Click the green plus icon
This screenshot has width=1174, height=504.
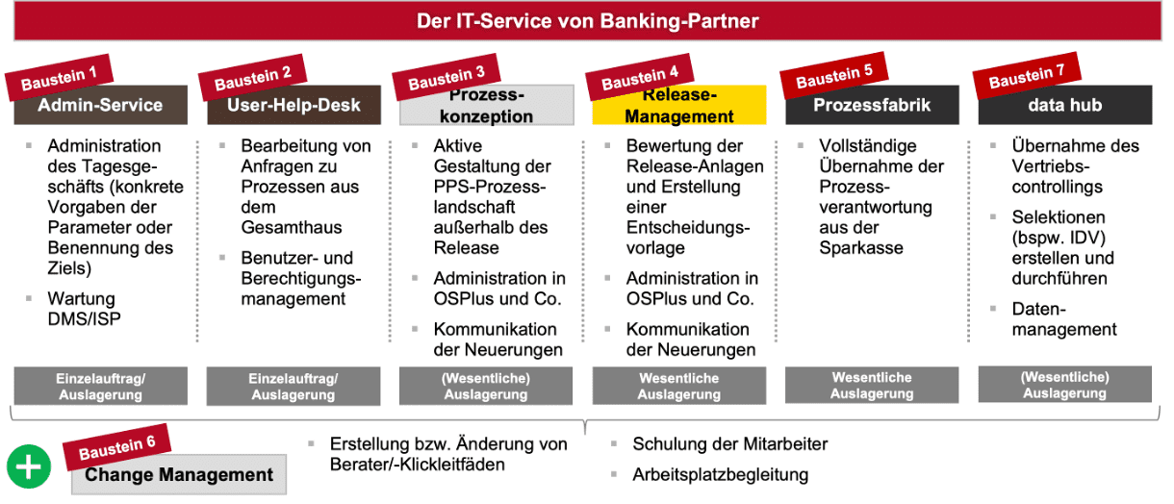29,466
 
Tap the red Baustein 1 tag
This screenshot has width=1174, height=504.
59,78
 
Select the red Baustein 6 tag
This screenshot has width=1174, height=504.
116,447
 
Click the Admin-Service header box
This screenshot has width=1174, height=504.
101,105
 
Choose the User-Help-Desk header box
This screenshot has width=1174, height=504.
294,105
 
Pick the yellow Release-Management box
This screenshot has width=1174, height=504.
679,105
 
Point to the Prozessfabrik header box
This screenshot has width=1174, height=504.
872,105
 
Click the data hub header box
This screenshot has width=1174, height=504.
1065,105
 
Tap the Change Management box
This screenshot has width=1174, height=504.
179,474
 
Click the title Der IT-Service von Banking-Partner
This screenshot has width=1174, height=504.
588,21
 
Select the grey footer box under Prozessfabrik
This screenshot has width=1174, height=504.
872,385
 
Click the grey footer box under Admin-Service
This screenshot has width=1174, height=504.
101,386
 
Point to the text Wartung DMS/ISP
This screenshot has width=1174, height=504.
84,309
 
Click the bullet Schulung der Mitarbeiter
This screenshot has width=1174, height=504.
729,444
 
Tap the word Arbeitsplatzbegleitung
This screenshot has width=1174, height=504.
720,474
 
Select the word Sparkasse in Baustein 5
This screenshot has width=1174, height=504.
861,248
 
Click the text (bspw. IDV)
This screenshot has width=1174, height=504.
1059,238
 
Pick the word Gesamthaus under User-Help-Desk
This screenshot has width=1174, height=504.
292,227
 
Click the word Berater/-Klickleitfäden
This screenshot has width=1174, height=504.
418,465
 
